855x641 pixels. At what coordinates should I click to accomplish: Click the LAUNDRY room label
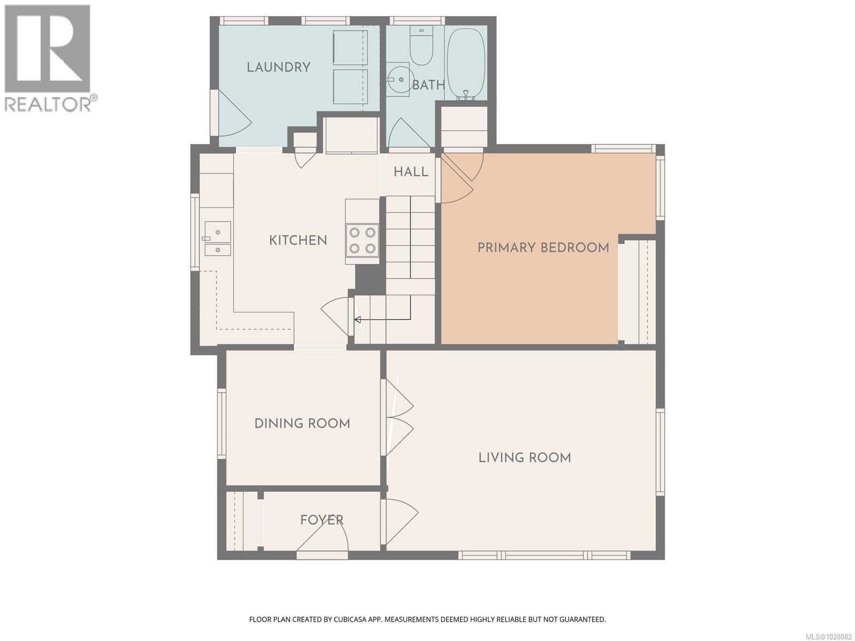pyautogui.click(x=278, y=67)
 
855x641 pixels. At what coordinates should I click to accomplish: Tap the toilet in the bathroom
pyautogui.click(x=421, y=46)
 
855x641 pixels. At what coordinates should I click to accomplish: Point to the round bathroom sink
pyautogui.click(x=397, y=79)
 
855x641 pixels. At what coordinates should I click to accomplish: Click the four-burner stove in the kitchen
pyautogui.click(x=362, y=240)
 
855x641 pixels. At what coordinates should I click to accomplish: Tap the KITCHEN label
pyautogui.click(x=298, y=240)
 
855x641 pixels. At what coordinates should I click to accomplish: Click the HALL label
pyautogui.click(x=411, y=172)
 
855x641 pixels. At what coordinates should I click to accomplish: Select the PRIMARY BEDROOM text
pyautogui.click(x=543, y=248)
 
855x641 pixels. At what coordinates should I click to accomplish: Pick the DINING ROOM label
pyautogui.click(x=302, y=424)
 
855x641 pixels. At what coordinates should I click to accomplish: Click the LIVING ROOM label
pyautogui.click(x=524, y=458)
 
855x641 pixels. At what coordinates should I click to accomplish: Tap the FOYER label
pyautogui.click(x=322, y=520)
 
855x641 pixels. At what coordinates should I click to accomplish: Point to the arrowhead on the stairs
pyautogui.click(x=357, y=319)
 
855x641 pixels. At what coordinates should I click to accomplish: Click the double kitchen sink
pyautogui.click(x=217, y=239)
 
